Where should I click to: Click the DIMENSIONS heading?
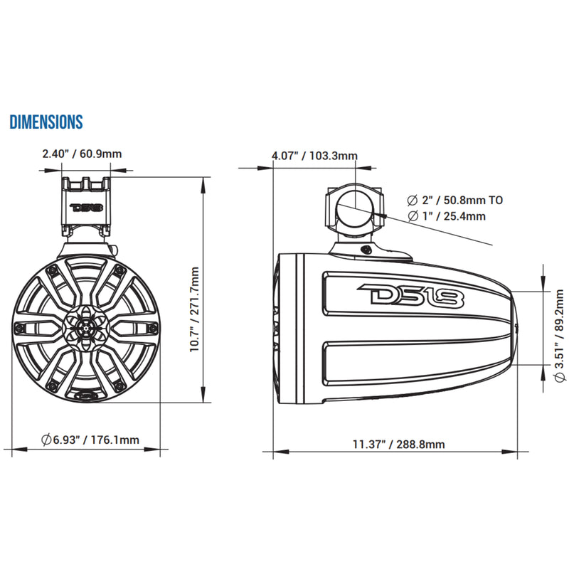point(46,122)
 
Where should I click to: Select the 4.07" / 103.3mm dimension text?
point(314,156)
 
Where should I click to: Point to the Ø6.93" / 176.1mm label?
point(90,440)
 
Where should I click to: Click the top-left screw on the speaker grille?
point(53,271)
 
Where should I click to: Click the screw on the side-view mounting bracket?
point(364,250)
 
